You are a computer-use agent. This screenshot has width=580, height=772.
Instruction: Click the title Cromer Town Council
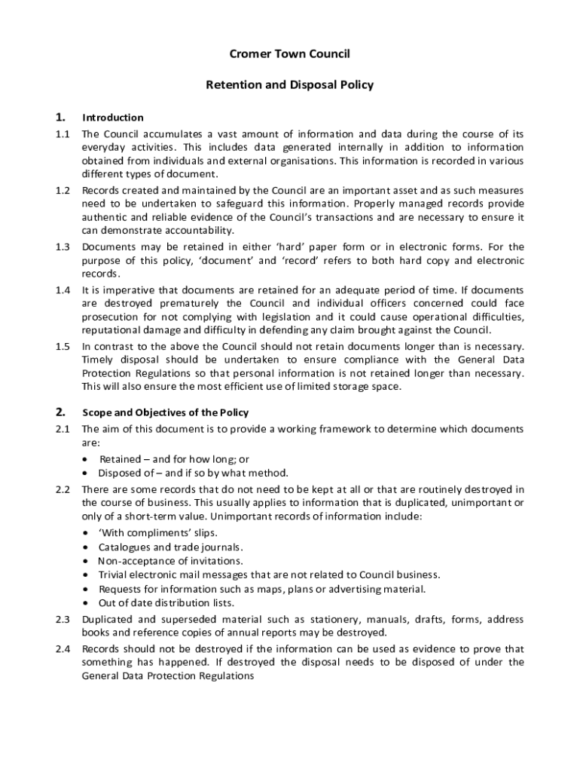pos(290,54)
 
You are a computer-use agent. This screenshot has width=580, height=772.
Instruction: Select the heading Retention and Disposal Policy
pos(290,85)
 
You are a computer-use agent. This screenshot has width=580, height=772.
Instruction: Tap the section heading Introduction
pos(113,118)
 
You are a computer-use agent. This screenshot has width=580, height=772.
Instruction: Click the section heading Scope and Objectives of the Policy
pos(165,413)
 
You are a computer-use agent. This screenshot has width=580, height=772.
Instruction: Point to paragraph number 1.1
pos(63,134)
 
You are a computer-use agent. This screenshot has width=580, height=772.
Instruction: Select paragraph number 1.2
pos(63,191)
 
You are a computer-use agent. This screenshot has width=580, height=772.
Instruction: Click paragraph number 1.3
pos(63,247)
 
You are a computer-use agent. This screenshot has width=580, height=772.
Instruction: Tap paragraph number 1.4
pos(63,290)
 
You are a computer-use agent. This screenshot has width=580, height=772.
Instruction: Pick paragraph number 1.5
pos(63,347)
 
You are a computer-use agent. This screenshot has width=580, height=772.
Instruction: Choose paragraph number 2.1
pos(63,430)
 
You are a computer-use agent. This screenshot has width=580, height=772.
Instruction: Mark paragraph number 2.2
pos(63,489)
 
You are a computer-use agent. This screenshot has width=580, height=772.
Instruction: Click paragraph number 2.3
pos(63,620)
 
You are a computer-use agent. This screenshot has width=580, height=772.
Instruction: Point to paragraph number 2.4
pos(63,649)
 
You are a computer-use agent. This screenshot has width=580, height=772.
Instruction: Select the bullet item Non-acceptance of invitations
pos(170,561)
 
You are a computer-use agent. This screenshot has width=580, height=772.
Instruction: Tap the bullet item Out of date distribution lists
pos(166,603)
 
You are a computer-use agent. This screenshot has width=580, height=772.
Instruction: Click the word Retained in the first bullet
pos(120,459)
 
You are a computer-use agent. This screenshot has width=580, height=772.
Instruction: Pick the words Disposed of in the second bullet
pos(129,473)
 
